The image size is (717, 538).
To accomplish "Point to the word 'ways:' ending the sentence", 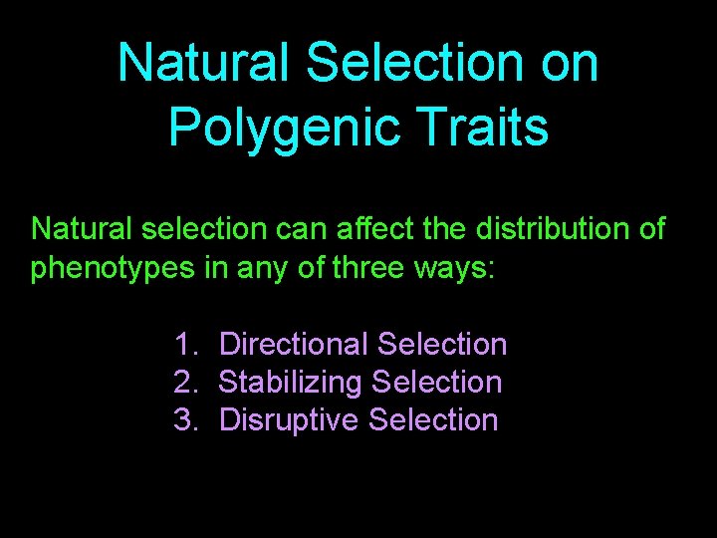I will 457,268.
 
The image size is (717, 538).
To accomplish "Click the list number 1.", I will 184,345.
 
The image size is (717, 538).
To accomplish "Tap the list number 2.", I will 184,383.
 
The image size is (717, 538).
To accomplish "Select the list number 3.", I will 184,420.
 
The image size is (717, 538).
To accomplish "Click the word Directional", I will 294,345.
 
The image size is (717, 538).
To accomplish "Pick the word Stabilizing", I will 290,383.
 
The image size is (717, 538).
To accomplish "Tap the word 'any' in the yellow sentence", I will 255,270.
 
